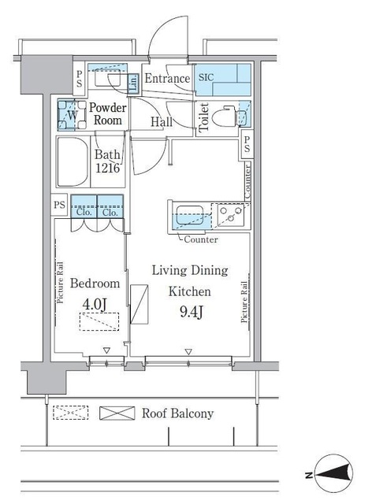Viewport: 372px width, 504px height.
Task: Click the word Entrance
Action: pyautogui.click(x=167, y=79)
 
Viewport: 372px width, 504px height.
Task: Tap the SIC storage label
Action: pyautogui.click(x=206, y=78)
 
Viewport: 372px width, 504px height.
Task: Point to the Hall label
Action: pyautogui.click(x=162, y=121)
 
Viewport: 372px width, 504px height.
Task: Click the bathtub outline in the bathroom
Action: pyautogui.click(x=73, y=161)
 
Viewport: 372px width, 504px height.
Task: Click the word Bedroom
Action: pyautogui.click(x=95, y=283)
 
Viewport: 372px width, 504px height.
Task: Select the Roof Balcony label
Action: pyautogui.click(x=177, y=413)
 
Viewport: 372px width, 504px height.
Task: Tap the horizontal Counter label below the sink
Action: pyautogui.click(x=201, y=239)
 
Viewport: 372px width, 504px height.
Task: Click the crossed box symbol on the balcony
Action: pyautogui.click(x=112, y=413)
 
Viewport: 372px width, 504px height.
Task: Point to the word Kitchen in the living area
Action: pyautogui.click(x=189, y=290)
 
